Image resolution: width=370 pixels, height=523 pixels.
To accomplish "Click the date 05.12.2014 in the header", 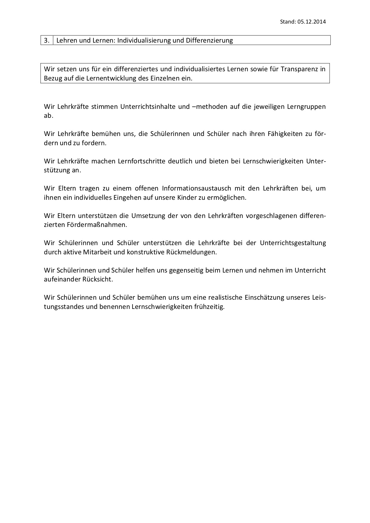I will pos(312,21).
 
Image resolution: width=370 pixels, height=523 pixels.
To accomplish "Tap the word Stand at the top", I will pos(287,21).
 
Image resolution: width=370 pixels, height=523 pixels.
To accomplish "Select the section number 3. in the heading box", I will pos(47,41).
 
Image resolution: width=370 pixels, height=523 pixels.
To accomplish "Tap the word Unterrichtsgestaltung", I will pos(293,243).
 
